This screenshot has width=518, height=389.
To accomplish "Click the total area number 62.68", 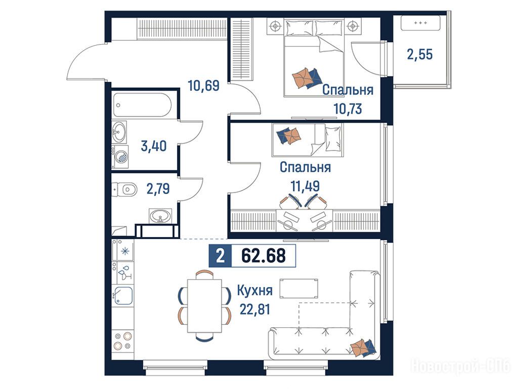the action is pyautogui.click(x=264, y=255).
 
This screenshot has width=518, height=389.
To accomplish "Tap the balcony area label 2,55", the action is pyautogui.click(x=419, y=54).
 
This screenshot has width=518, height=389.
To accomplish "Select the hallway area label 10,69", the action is pyautogui.click(x=203, y=86).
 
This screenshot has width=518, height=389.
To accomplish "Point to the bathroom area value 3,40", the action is pyautogui.click(x=154, y=146).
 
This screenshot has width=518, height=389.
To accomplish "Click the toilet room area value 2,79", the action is pyautogui.click(x=158, y=189).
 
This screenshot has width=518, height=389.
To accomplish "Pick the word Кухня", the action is pyautogui.click(x=255, y=291).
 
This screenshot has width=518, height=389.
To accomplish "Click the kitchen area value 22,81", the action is pyautogui.click(x=255, y=309).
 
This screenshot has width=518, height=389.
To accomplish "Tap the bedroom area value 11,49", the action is pyautogui.click(x=305, y=186).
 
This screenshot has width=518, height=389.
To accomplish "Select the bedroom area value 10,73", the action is pyautogui.click(x=348, y=108).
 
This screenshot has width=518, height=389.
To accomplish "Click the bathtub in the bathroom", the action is pyautogui.click(x=142, y=105).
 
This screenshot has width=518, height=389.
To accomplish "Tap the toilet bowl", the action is pyautogui.click(x=126, y=190).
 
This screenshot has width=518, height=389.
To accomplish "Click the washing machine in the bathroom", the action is pyautogui.click(x=120, y=157).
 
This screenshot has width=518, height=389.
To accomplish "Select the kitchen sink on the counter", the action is pyautogui.click(x=123, y=295).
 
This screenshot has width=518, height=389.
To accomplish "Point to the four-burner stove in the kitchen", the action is pyautogui.click(x=122, y=341).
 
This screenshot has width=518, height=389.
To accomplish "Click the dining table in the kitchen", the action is pyautogui.click(x=204, y=305).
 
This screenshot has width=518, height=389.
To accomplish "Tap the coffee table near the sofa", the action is pyautogui.click(x=299, y=288).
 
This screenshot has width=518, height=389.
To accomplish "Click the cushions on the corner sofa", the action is pyautogui.click(x=363, y=347).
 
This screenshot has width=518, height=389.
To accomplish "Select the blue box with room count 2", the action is pyautogui.click(x=221, y=256).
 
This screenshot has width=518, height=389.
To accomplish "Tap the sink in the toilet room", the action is pyautogui.click(x=160, y=216).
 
